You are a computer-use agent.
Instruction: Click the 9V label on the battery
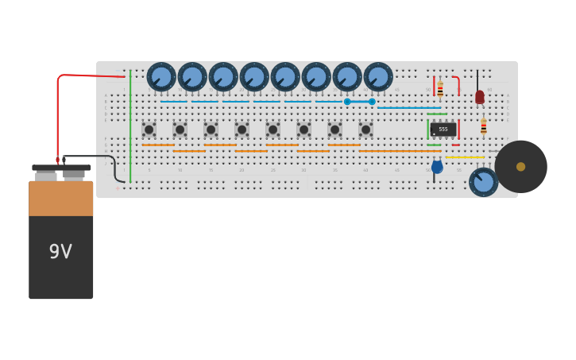tap(60, 252)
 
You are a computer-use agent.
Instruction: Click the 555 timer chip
tap(443, 129)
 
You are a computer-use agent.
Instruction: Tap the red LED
tap(479, 97)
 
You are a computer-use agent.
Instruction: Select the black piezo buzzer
tap(520, 167)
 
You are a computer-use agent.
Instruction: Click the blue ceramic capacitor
tap(437, 167)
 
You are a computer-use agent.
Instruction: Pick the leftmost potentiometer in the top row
tap(161, 77)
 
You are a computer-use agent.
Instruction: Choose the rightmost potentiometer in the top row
tap(378, 77)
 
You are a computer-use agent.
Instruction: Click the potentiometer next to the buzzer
tap(483, 182)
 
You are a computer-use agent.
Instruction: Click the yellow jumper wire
tap(464, 157)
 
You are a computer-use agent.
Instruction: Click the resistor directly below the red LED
tap(483, 127)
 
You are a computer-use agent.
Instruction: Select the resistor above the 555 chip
tap(440, 89)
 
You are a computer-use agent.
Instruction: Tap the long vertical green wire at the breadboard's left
tap(130, 127)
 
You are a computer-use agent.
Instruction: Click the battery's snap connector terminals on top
tap(60, 168)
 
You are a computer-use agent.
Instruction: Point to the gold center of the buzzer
tap(520, 167)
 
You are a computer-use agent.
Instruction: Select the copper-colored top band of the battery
tap(60, 199)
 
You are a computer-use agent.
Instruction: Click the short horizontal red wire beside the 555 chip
tap(456, 145)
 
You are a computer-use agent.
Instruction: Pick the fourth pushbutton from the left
tap(242, 130)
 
